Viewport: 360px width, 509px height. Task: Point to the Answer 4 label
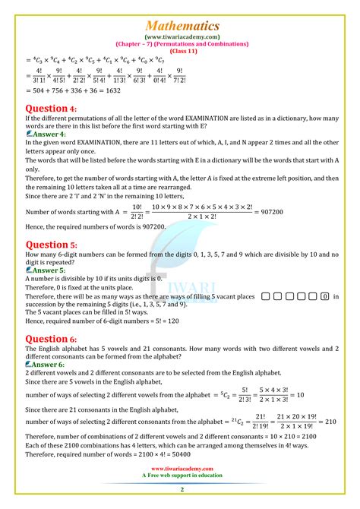point(50,134)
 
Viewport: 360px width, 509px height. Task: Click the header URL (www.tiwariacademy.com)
point(182,36)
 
